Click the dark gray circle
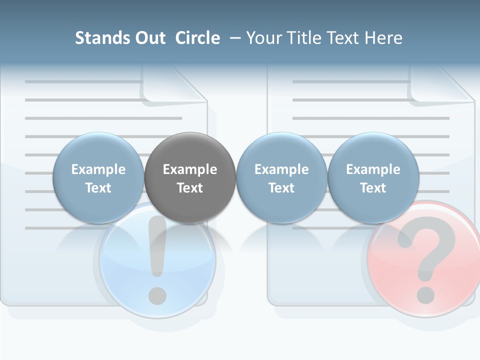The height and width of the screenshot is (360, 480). coord(190,178)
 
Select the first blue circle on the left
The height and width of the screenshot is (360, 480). coord(98,178)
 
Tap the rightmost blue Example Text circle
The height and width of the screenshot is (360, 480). coord(373,178)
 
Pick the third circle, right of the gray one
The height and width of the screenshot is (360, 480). coord(281,178)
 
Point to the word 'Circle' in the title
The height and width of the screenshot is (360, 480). coord(197,38)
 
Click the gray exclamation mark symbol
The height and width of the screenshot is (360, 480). coord(157,250)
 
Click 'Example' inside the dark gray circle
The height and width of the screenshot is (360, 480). coord(190,169)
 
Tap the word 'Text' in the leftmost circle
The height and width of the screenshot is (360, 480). coord(98,188)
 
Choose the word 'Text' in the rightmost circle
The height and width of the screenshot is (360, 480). coord(373,188)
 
